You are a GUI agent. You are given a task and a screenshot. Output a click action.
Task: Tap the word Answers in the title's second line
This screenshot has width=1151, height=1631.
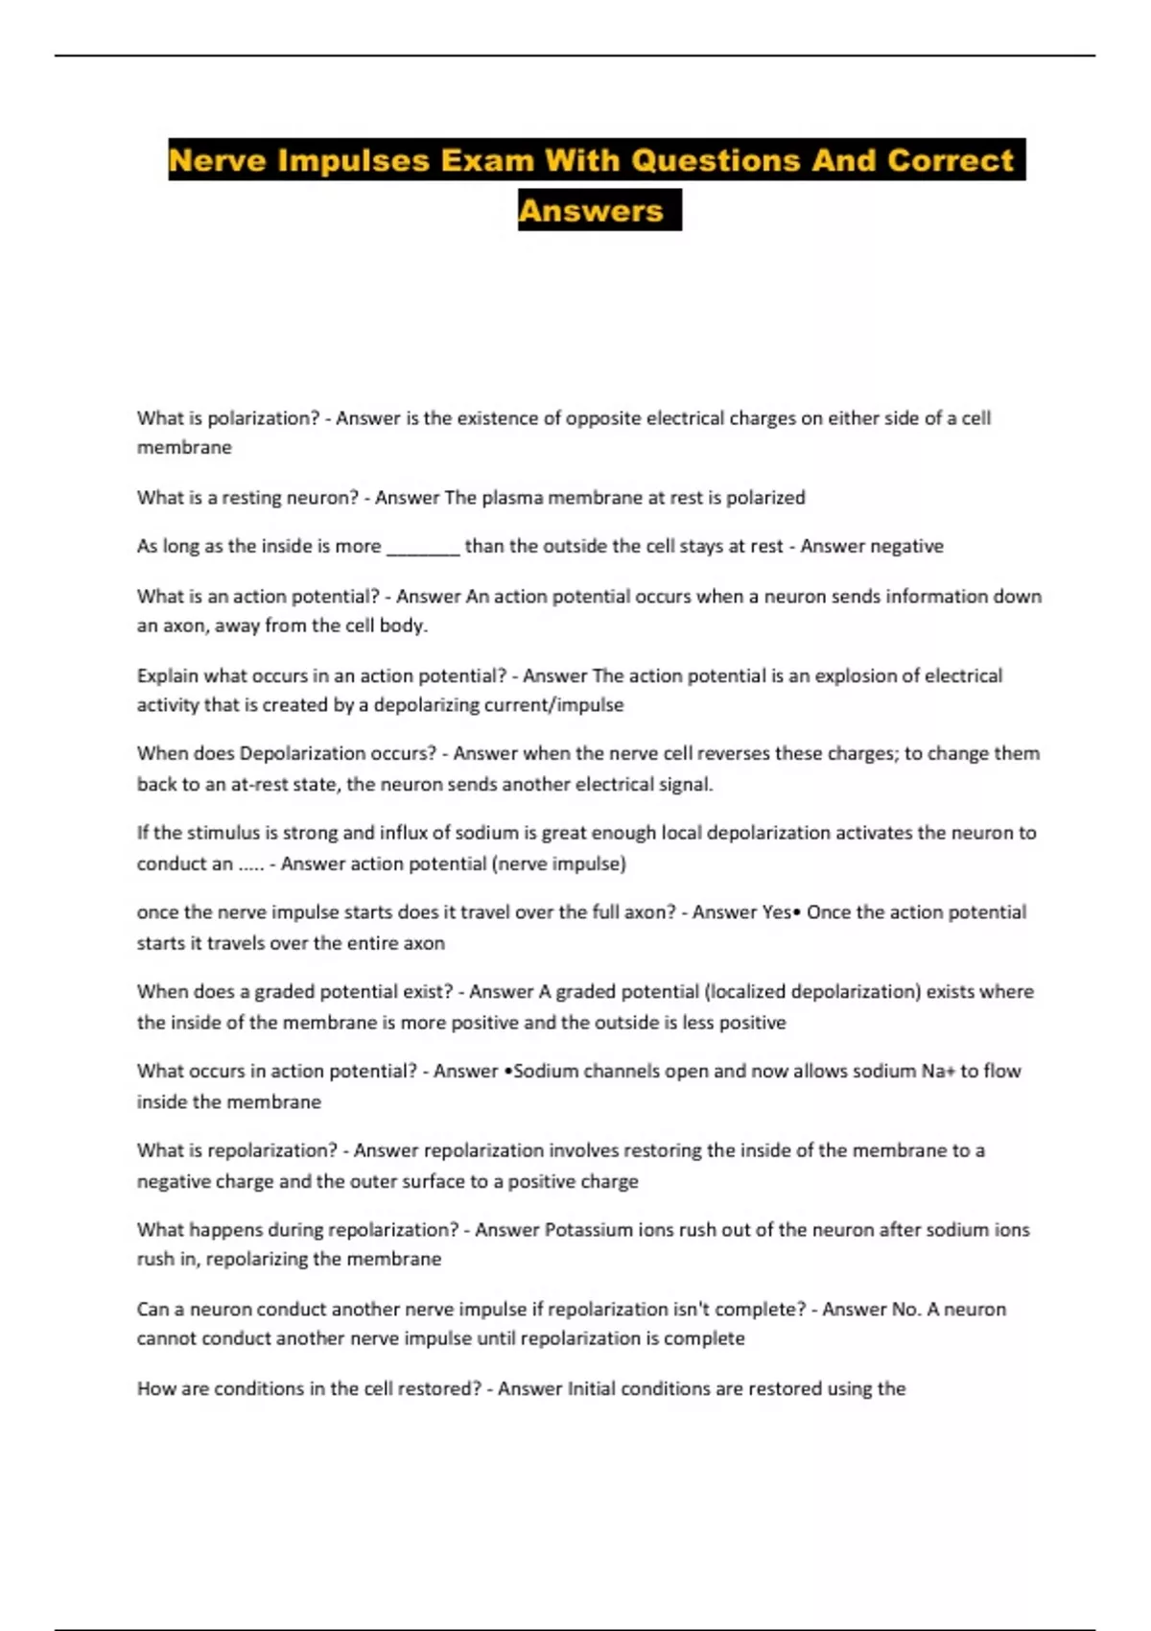click(x=591, y=211)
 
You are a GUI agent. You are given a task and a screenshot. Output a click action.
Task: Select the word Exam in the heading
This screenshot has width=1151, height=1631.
click(x=486, y=160)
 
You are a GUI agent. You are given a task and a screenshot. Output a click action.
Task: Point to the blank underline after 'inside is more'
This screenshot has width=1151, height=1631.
click(x=423, y=548)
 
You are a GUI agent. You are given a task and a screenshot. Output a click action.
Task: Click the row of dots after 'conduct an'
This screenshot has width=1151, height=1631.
click(x=250, y=864)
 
